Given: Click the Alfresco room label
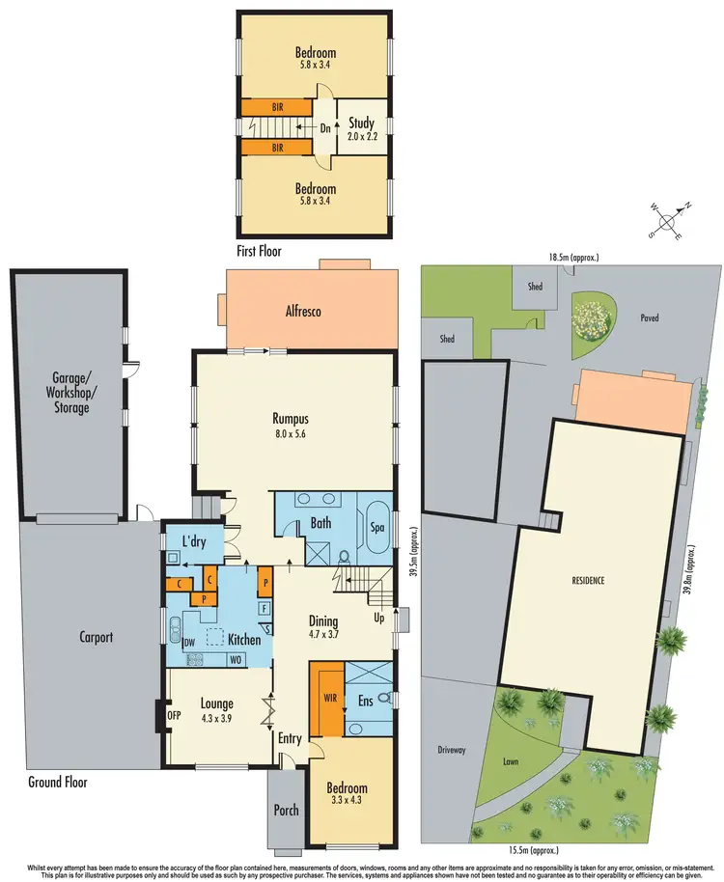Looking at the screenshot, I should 303,311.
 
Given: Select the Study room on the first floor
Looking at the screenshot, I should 361,130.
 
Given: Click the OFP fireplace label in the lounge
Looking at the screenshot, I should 174,715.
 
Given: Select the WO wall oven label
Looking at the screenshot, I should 234,660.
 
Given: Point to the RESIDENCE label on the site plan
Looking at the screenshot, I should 587,580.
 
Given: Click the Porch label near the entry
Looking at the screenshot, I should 287,810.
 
